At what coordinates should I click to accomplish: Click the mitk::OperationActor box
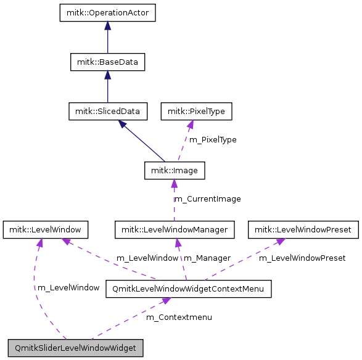pyautogui.click(x=107, y=13)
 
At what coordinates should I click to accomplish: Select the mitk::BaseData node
pyautogui.click(x=107, y=62)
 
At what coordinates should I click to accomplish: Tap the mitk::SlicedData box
pyautogui.click(x=107, y=112)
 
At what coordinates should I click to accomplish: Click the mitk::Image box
pyautogui.click(x=174, y=170)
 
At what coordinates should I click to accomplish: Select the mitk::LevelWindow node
pyautogui.click(x=46, y=230)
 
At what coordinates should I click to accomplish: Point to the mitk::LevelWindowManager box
pyautogui.click(x=175, y=230)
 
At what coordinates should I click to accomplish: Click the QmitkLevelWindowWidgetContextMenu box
pyautogui.click(x=189, y=288)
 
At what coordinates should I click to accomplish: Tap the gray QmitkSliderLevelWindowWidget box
pyautogui.click(x=76, y=348)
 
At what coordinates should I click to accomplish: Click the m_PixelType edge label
pyautogui.click(x=212, y=140)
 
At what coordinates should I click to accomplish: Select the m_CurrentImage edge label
pyautogui.click(x=208, y=199)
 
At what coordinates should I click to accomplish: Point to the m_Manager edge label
pyautogui.click(x=207, y=258)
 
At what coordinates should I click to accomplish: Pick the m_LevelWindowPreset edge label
pyautogui.click(x=302, y=258)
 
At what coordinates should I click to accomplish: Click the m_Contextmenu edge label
pyautogui.click(x=179, y=317)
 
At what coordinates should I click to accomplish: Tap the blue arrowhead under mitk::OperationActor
pyautogui.click(x=107, y=25)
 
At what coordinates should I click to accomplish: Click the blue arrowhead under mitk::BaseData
pyautogui.click(x=107, y=75)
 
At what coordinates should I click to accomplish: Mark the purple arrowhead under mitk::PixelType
pyautogui.click(x=191, y=124)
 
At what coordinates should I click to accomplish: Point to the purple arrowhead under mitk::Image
pyautogui.click(x=174, y=183)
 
